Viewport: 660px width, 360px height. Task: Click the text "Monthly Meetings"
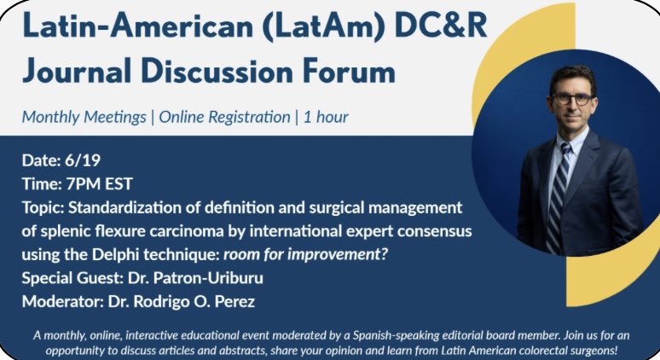84,117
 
